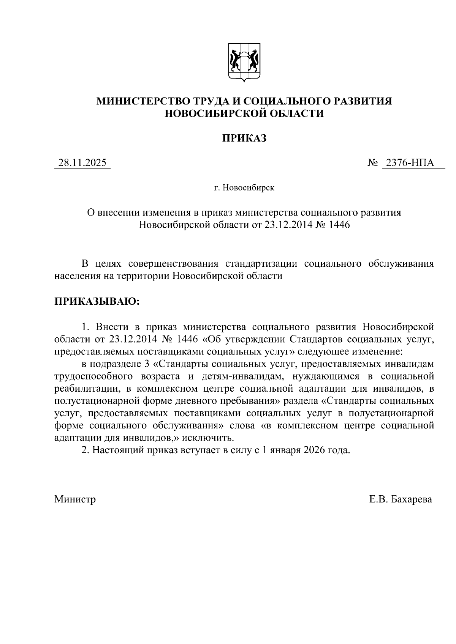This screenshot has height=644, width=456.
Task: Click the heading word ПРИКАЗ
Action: pyautogui.click(x=244, y=139)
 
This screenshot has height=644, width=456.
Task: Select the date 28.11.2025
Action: pyautogui.click(x=82, y=163)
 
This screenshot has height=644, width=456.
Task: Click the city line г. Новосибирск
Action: pyautogui.click(x=244, y=188)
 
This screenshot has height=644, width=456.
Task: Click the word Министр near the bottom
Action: pyautogui.click(x=75, y=499)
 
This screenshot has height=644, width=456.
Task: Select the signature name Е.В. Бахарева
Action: pyautogui.click(x=401, y=499)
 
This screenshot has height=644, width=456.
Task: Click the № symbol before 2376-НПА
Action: pyautogui.click(x=373, y=163)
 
